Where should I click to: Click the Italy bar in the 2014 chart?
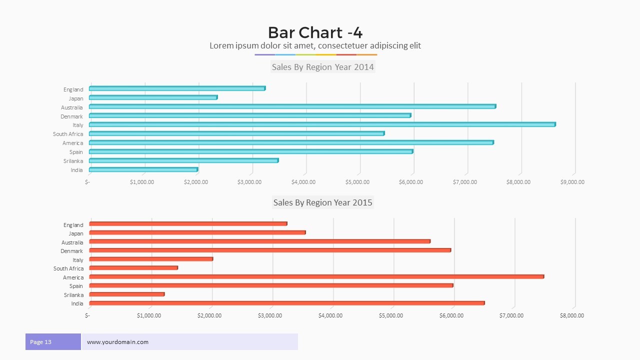point(322,124)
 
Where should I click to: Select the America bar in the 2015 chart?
point(316,276)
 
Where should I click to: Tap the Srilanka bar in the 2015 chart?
point(127,294)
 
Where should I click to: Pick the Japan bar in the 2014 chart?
point(153,97)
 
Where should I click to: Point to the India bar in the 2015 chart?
point(286,303)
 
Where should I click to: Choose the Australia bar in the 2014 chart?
point(292,106)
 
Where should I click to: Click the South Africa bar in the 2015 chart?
point(133,268)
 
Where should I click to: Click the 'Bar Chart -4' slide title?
point(315,32)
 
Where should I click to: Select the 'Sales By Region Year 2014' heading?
point(322,67)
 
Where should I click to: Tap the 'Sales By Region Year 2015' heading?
point(322,202)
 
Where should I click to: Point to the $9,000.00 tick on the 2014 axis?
point(572,182)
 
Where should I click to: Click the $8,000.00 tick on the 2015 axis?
point(571,315)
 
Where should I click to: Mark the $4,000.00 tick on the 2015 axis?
point(330,315)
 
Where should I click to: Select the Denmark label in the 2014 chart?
point(72,116)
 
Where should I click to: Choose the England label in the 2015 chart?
point(73,225)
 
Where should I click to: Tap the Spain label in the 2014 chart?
point(76,152)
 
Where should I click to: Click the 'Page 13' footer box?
point(53,342)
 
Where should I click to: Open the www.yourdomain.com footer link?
point(117,342)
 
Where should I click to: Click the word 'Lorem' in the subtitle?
point(221,46)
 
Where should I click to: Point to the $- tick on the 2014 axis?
point(87,182)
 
